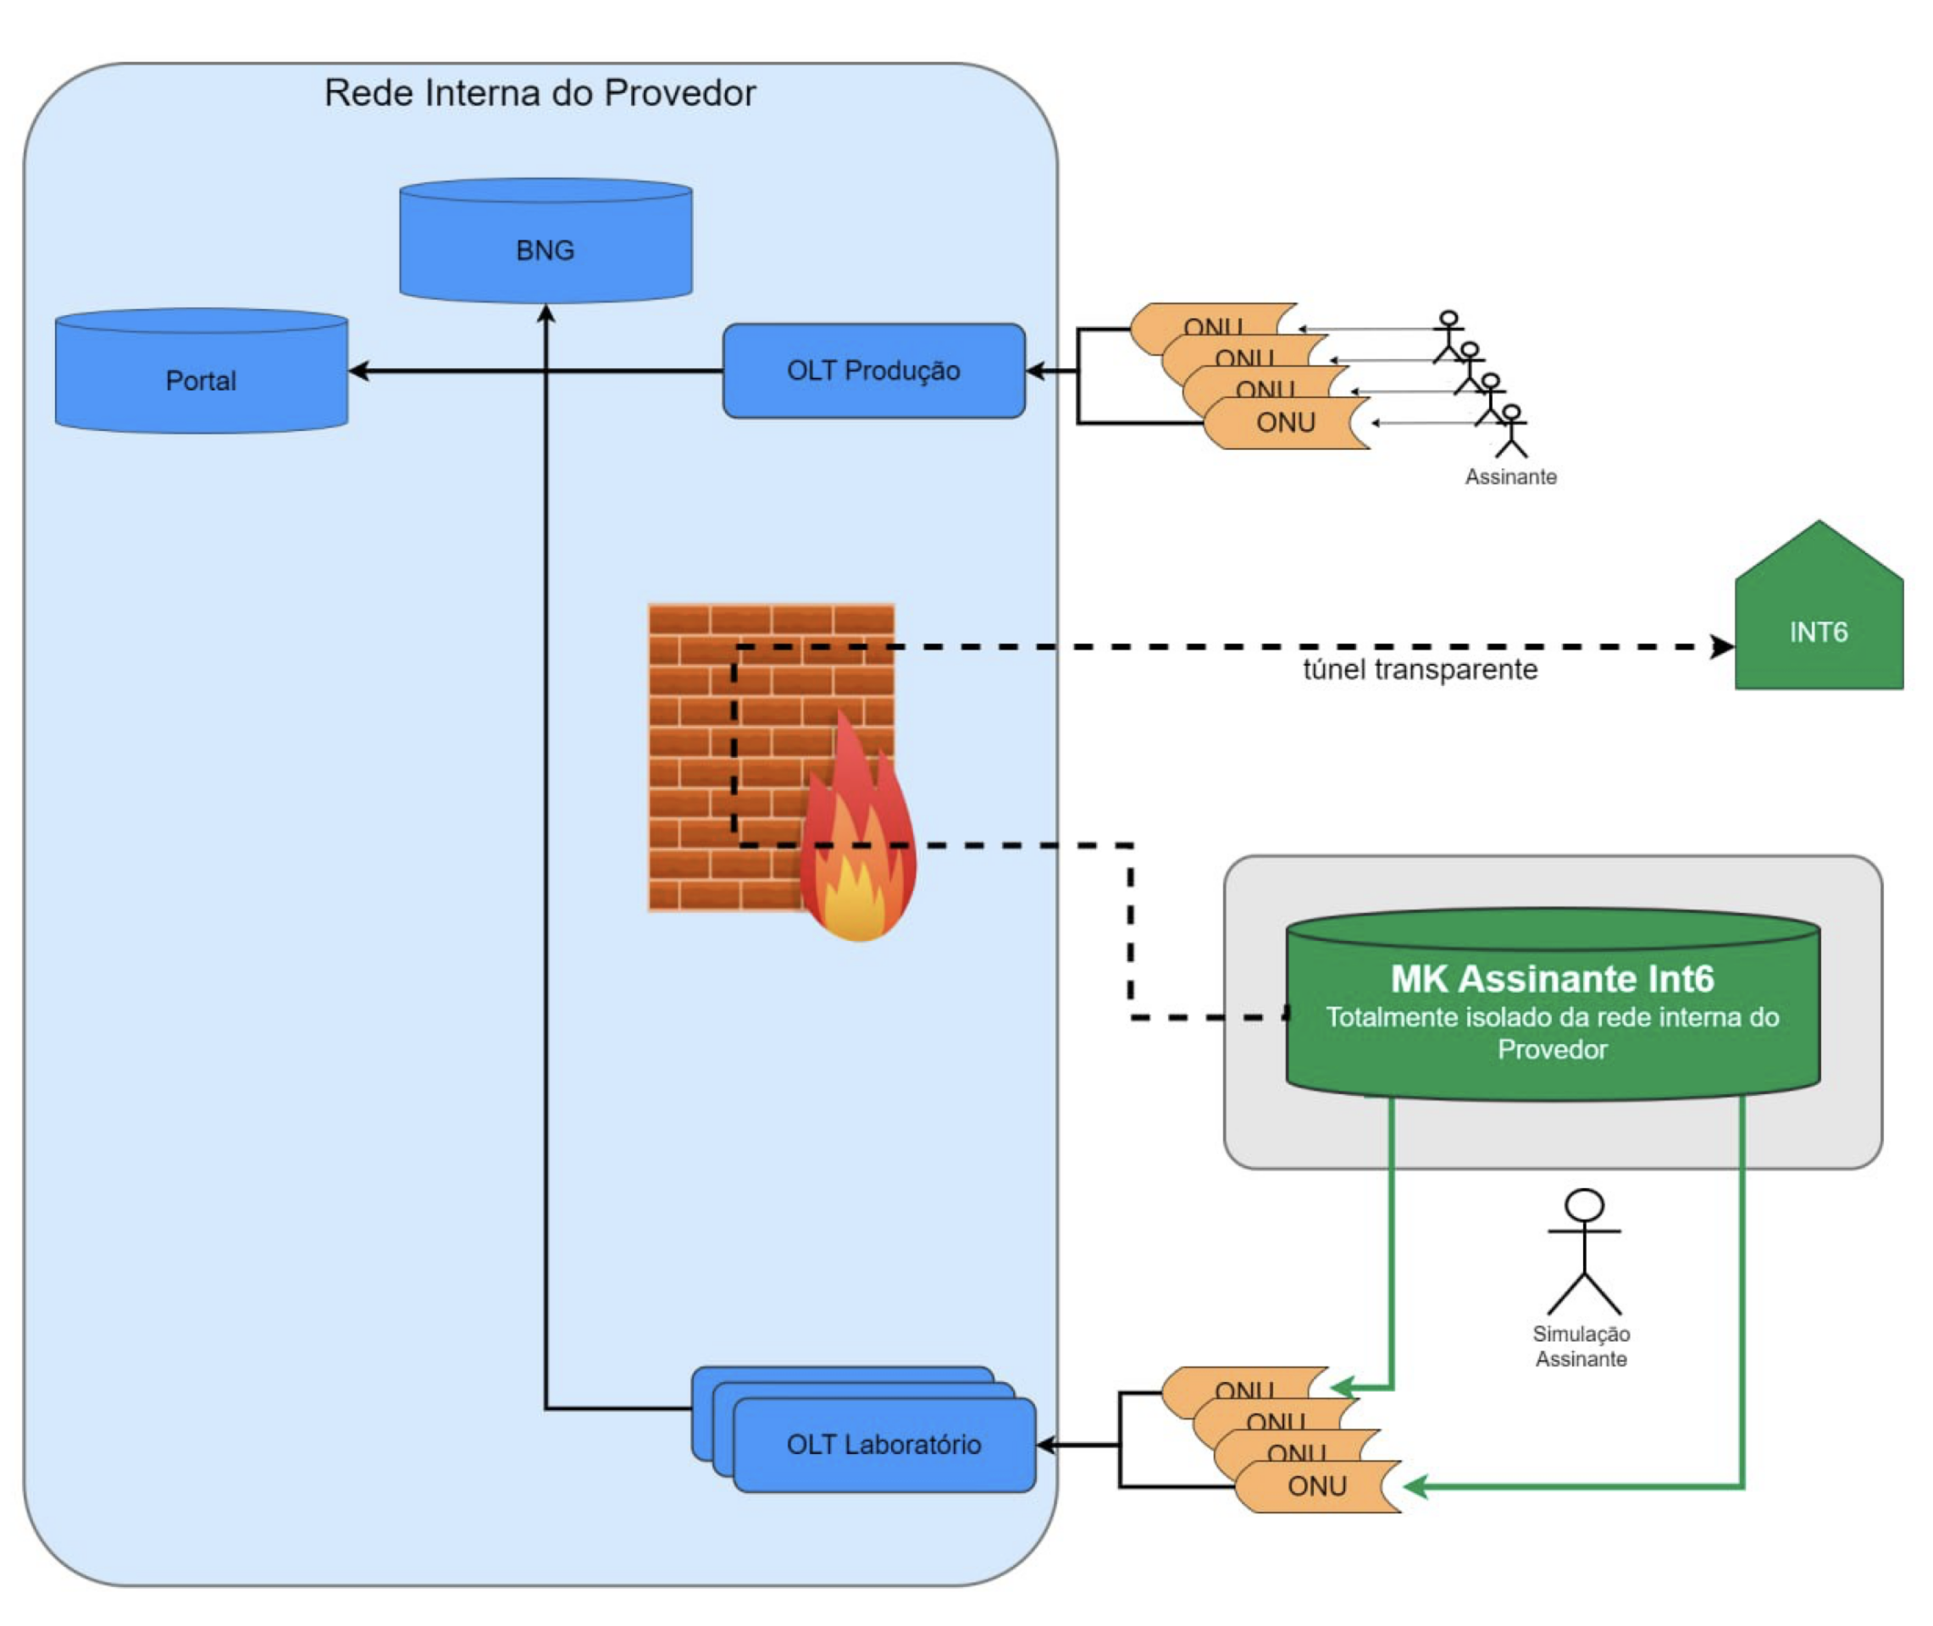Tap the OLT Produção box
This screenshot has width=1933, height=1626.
pyautogui.click(x=873, y=371)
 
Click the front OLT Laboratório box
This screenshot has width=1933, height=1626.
pyautogui.click(x=883, y=1445)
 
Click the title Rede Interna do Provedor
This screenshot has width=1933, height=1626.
pyautogui.click(x=540, y=93)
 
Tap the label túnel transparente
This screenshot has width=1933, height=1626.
pyautogui.click(x=1420, y=670)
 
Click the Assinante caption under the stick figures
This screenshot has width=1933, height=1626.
pyautogui.click(x=1510, y=478)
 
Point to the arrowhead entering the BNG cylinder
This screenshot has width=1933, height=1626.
pyautogui.click(x=546, y=314)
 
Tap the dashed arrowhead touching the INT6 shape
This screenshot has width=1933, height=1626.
pyautogui.click(x=1721, y=647)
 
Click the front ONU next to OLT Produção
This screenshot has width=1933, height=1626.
pyautogui.click(x=1286, y=423)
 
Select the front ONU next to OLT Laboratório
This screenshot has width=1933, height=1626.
pyautogui.click(x=1316, y=1487)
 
